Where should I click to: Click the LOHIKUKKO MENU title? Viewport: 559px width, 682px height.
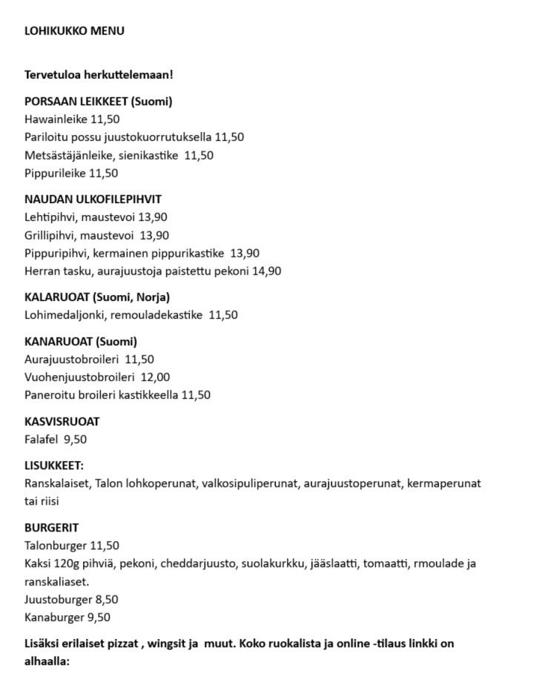point(74,31)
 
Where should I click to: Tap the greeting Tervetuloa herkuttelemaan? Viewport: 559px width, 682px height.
point(99,75)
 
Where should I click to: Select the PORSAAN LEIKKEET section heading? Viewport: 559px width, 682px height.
point(98,102)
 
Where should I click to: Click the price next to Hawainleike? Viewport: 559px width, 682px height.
point(105,119)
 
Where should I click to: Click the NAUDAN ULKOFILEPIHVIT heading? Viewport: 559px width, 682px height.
point(93,199)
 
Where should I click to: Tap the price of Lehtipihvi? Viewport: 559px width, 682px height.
point(153,217)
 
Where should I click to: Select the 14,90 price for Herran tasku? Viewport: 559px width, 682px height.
point(267,271)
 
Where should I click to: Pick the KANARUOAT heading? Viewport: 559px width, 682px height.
point(59,342)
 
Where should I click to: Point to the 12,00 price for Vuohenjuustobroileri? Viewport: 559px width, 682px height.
point(155,377)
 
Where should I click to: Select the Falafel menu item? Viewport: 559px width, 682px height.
point(42,440)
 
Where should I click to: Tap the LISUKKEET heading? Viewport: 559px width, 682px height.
point(54,466)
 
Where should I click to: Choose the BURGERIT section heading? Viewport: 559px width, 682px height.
point(51,529)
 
